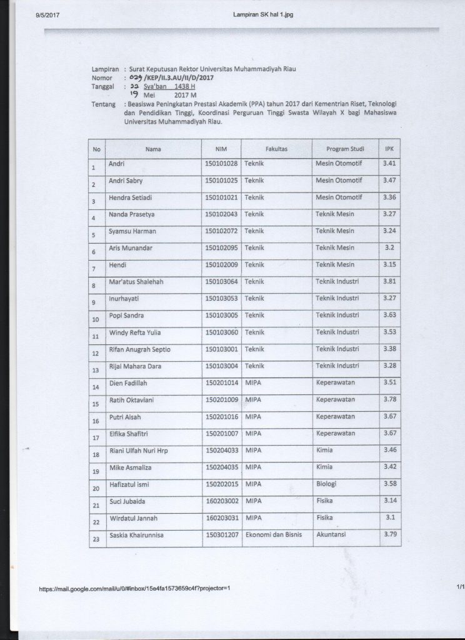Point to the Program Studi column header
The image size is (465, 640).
point(346,150)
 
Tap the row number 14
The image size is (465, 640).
point(96,388)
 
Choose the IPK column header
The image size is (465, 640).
point(389,150)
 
